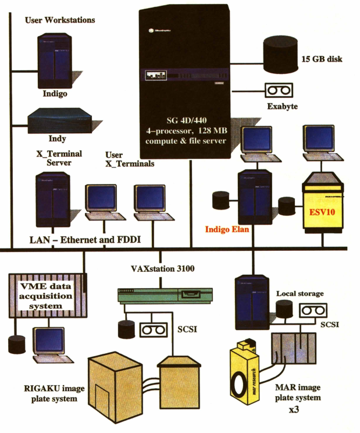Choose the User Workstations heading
[60, 20]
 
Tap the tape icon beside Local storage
[313, 311]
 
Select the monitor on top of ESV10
[319, 143]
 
